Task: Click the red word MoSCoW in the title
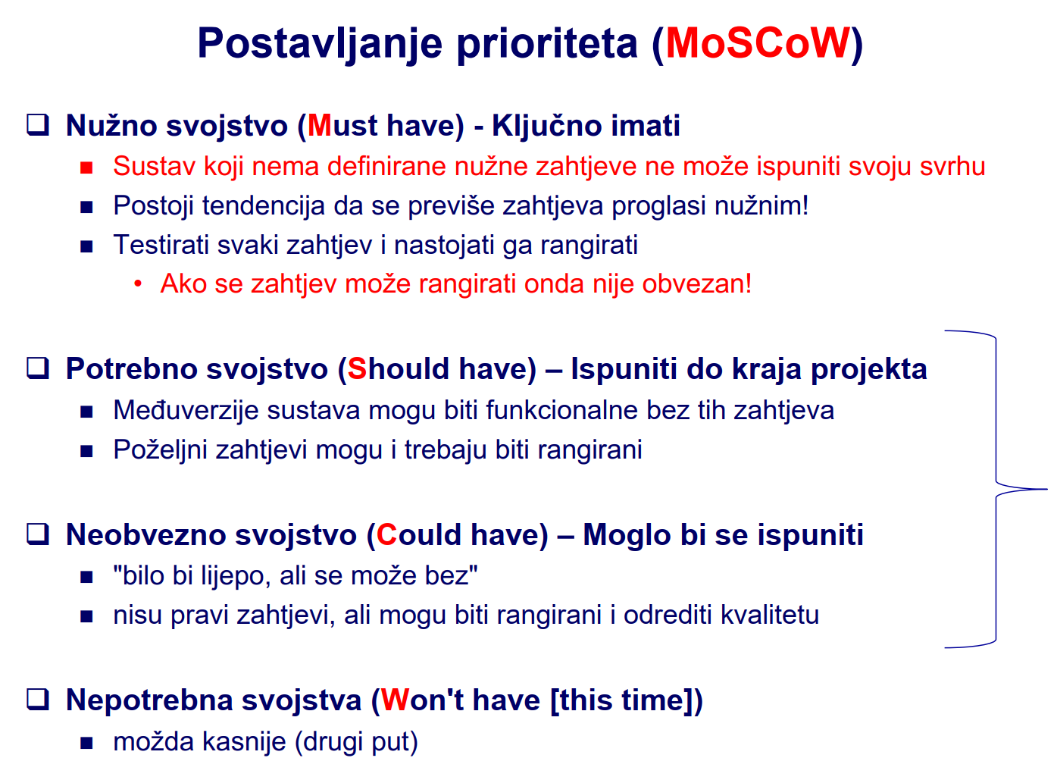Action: click(x=758, y=43)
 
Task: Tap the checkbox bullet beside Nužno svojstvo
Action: click(x=38, y=125)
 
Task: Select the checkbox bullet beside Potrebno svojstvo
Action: click(x=38, y=368)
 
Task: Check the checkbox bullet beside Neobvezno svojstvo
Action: click(x=38, y=534)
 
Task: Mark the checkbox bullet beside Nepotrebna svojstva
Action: click(x=38, y=699)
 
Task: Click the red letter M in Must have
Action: click(x=320, y=126)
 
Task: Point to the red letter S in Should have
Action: click(x=357, y=368)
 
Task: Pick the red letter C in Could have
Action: click(x=386, y=534)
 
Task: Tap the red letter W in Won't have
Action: click(x=395, y=700)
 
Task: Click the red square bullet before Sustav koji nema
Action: click(x=86, y=168)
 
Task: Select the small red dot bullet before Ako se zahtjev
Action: click(x=138, y=283)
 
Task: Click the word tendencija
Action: click(x=264, y=206)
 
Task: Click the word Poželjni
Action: click(x=161, y=449)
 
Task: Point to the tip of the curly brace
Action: click(x=1046, y=490)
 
